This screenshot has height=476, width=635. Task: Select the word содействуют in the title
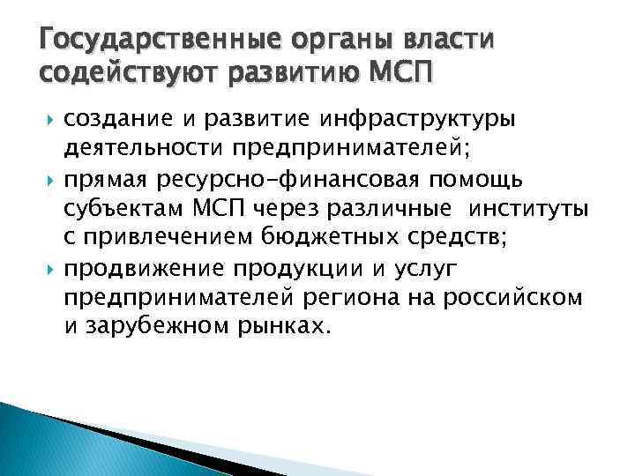[124, 73]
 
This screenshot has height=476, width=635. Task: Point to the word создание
[116, 116]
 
